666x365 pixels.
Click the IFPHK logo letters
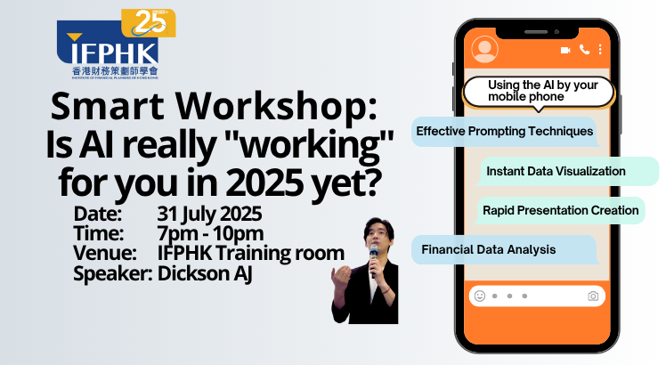click(x=113, y=53)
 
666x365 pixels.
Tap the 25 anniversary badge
click(x=149, y=23)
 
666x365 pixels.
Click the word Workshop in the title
click(x=276, y=107)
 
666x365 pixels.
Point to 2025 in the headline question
click(x=264, y=182)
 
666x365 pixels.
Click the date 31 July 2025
click(x=209, y=214)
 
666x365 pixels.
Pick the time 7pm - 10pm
click(x=210, y=233)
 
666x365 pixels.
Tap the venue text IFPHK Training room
click(x=250, y=253)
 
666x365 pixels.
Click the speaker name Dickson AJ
click(x=205, y=273)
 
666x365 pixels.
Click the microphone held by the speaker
click(x=374, y=258)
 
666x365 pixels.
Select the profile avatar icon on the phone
click(x=484, y=49)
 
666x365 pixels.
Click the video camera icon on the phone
click(x=565, y=50)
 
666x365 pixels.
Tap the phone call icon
click(x=584, y=50)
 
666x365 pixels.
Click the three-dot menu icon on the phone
click(x=600, y=50)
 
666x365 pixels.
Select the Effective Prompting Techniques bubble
click(x=506, y=132)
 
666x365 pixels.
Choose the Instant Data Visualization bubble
click(x=567, y=171)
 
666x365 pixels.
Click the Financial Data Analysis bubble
click(x=505, y=250)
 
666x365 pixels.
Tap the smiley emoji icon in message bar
click(x=480, y=296)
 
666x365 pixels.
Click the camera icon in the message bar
click(x=593, y=296)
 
